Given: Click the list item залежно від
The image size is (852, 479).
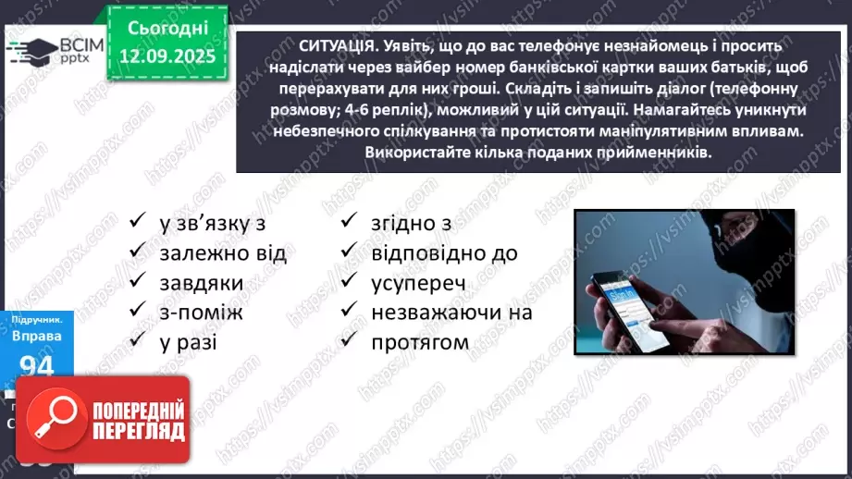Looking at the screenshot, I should click(x=223, y=252).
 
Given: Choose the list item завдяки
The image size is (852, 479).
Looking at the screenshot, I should click(x=201, y=282).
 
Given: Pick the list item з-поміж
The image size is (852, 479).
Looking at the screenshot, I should click(x=201, y=312).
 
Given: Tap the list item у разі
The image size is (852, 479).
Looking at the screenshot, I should click(x=191, y=341).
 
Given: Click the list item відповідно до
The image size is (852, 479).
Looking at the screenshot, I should click(x=444, y=252).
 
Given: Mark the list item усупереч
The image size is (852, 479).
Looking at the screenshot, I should click(x=418, y=282).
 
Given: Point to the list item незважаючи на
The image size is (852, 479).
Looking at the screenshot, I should click(x=451, y=313).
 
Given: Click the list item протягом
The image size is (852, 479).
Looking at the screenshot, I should click(x=420, y=342).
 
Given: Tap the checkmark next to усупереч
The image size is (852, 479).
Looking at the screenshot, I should click(x=350, y=282).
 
